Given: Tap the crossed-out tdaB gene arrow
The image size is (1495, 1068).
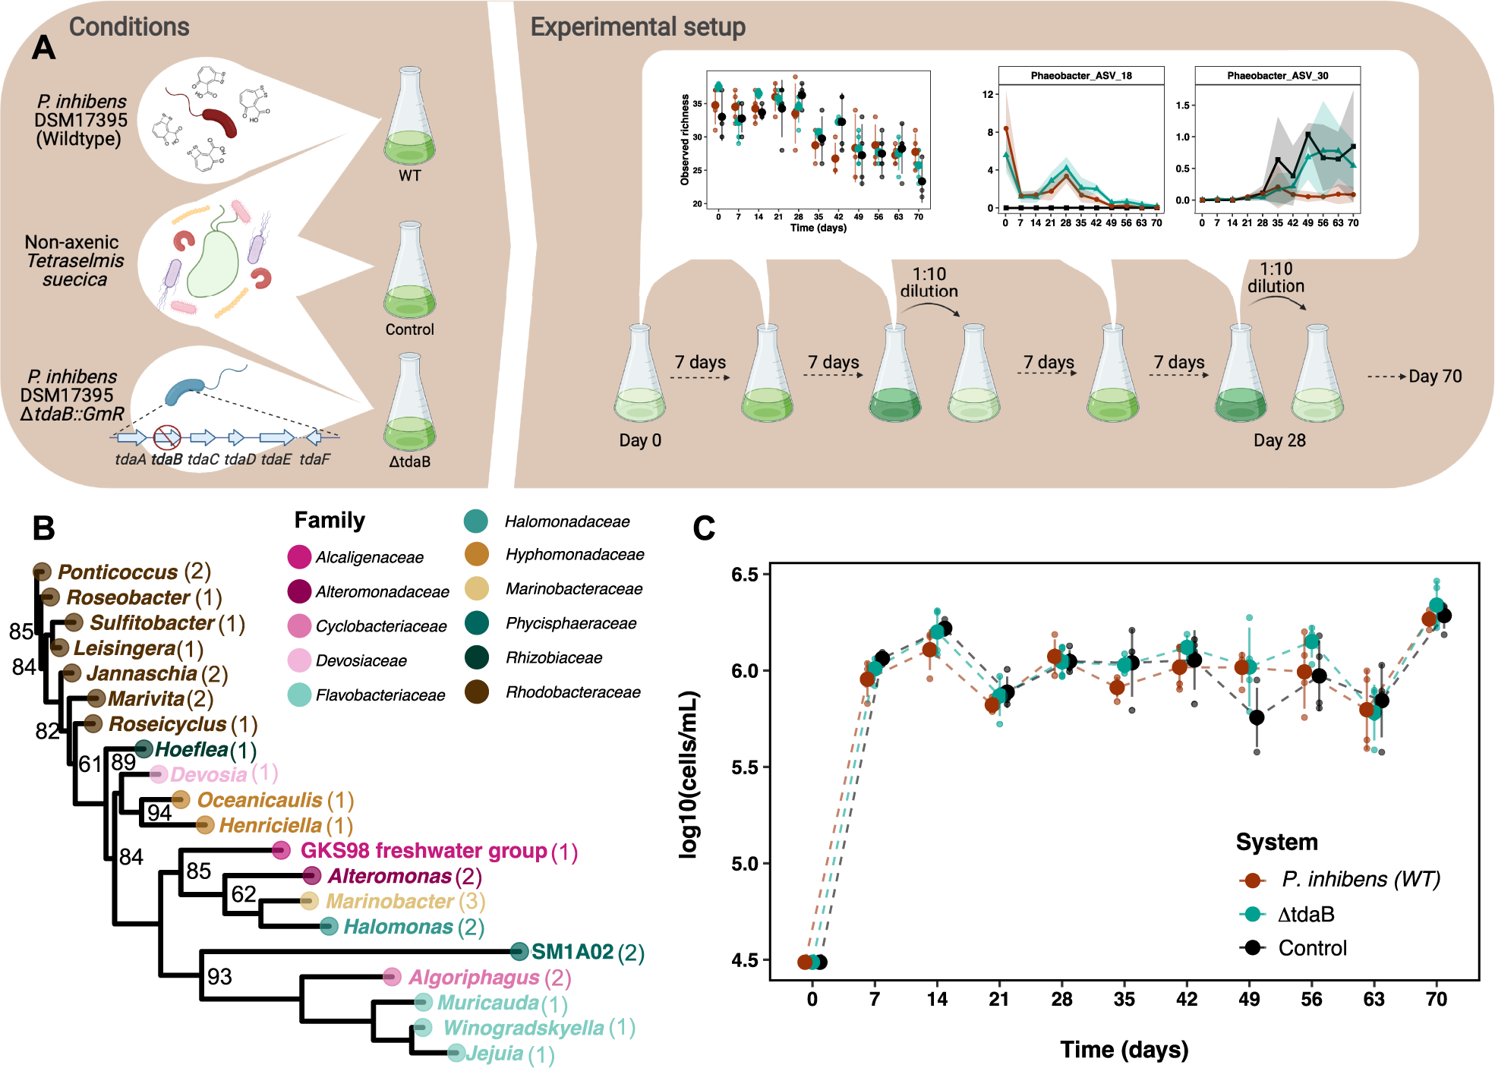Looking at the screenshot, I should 167,437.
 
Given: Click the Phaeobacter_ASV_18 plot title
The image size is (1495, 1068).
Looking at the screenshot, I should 1080,76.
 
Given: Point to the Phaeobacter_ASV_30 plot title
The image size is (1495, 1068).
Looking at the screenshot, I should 1277,76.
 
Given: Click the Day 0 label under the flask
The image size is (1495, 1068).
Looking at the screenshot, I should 640,441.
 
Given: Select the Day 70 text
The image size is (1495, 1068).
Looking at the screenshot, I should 1435,376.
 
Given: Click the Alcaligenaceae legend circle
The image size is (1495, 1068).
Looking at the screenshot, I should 299,557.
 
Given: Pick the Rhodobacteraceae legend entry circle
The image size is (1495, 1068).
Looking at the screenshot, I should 477,692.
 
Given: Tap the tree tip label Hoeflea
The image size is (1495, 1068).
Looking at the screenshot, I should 191,750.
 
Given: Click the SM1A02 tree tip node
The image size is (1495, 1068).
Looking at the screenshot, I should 519,951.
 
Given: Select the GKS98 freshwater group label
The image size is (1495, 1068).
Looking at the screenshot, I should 424,851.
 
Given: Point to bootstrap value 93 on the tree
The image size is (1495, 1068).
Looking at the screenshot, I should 219,977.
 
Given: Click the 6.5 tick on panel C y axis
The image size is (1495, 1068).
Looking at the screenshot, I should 745,575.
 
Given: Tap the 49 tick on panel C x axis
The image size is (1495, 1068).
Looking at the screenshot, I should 1249,1000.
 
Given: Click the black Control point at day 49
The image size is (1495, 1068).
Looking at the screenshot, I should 1257,717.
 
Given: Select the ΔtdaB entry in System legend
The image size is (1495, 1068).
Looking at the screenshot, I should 1306,915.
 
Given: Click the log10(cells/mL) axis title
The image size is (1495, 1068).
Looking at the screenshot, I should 689,774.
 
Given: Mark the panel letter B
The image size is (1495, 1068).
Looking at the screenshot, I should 43,528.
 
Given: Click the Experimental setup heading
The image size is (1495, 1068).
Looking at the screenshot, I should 638,27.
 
